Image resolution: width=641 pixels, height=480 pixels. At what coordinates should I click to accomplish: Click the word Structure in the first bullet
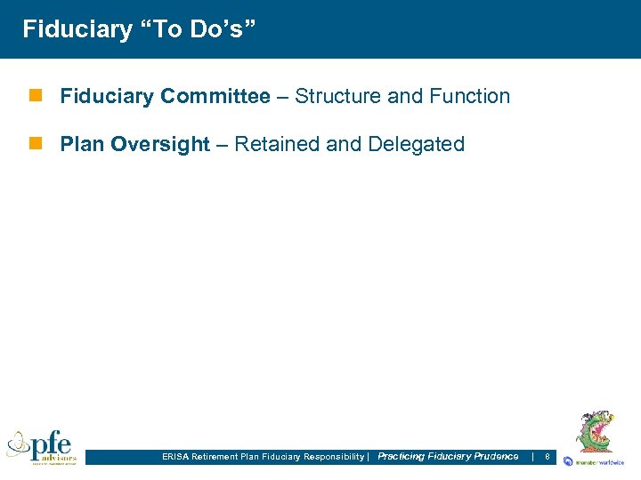[337, 96]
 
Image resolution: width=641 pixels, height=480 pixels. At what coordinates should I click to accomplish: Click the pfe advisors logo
[42, 446]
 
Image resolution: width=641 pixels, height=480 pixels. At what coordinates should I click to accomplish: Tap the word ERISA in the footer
[175, 457]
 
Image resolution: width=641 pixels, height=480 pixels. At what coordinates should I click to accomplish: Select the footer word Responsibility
[334, 457]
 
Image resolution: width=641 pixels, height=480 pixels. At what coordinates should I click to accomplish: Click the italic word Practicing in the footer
[401, 456]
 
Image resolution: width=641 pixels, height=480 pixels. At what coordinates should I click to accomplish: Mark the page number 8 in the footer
[547, 457]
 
